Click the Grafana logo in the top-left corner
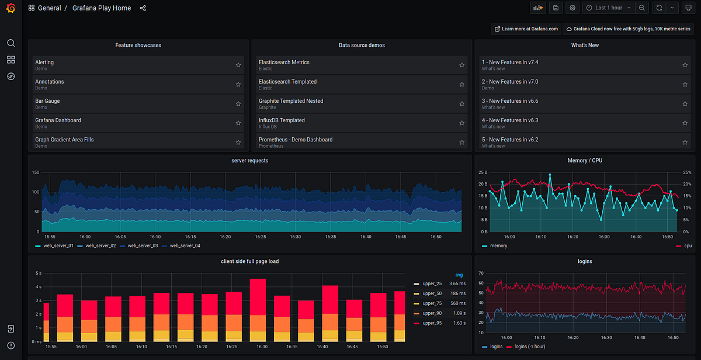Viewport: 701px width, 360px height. point(11,8)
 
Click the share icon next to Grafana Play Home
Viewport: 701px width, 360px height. point(143,8)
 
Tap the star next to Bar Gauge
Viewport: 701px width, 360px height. point(238,104)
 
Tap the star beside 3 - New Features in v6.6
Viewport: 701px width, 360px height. point(685,104)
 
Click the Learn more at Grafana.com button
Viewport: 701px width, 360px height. point(526,29)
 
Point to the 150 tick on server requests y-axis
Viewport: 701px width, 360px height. point(35,172)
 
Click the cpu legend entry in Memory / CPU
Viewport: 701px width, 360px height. point(688,246)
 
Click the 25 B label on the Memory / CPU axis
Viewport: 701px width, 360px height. point(482,172)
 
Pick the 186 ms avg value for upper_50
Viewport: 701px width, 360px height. point(457,293)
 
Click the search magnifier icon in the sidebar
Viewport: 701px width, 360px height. point(11,43)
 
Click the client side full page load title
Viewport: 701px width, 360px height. point(249,261)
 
